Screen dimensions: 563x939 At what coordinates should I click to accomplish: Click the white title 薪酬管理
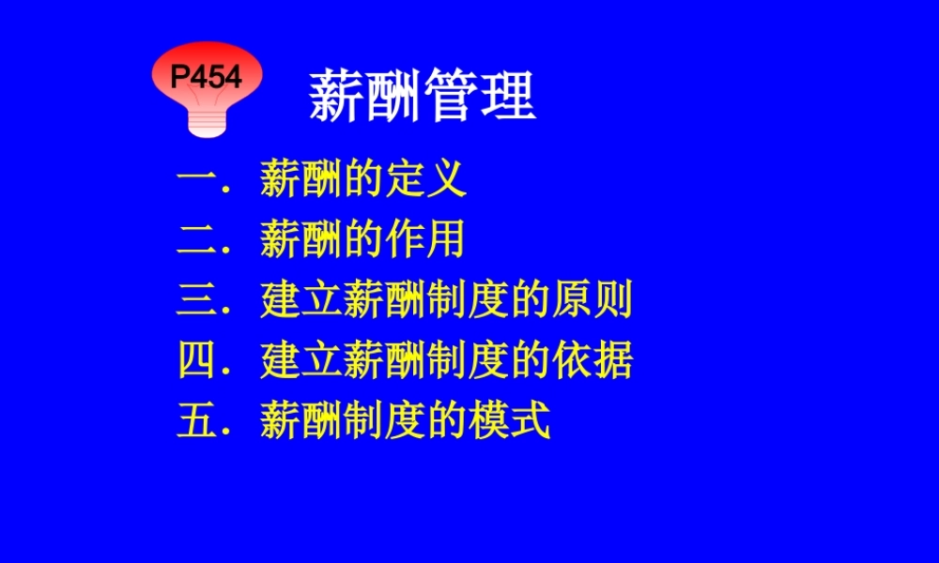(x=422, y=95)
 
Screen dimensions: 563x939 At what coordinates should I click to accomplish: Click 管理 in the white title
(x=479, y=95)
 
